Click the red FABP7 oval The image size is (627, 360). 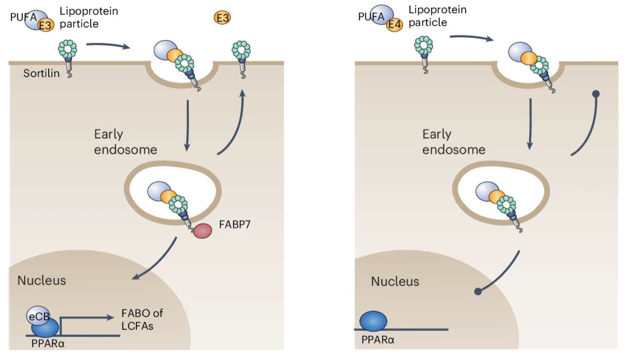click(x=203, y=231)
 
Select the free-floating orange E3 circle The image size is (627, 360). click(x=222, y=18)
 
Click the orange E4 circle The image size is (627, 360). click(x=394, y=25)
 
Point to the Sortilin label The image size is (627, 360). click(x=41, y=73)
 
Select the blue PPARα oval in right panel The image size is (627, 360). click(x=373, y=321)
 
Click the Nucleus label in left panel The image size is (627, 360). click(x=42, y=280)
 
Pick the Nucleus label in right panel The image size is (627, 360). click(x=395, y=281)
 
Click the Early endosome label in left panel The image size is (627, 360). click(x=125, y=142)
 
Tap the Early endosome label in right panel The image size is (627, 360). click(x=454, y=142)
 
